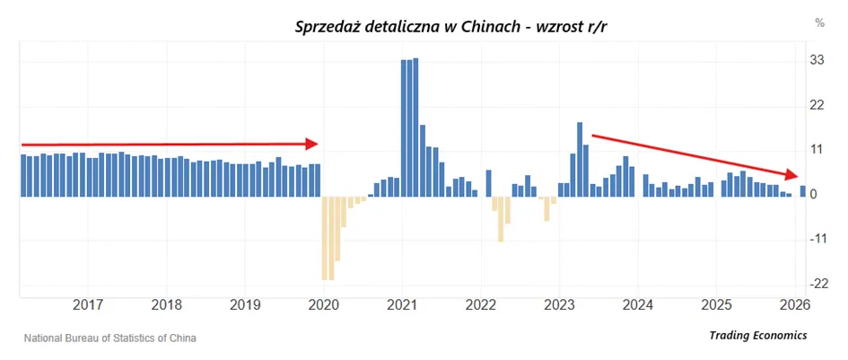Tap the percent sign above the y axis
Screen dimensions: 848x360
(820, 22)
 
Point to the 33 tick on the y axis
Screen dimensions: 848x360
(817, 60)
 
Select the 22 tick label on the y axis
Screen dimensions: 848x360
(817, 105)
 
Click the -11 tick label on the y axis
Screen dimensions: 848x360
(816, 239)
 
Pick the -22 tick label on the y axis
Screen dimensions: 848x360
(816, 284)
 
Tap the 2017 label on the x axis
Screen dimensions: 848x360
(88, 305)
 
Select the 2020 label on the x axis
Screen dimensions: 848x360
(323, 305)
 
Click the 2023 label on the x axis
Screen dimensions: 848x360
(559, 305)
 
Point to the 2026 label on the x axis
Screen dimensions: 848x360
(795, 305)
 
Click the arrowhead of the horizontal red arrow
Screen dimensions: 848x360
(312, 144)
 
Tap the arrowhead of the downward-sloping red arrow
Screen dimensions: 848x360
(791, 174)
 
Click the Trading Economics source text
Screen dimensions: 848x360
(758, 336)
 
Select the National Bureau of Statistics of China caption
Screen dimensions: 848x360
(110, 338)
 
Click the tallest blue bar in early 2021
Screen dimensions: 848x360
(415, 127)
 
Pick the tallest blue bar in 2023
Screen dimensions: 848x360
(579, 159)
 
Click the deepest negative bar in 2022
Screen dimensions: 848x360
(501, 219)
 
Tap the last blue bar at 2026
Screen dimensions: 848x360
(802, 191)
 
